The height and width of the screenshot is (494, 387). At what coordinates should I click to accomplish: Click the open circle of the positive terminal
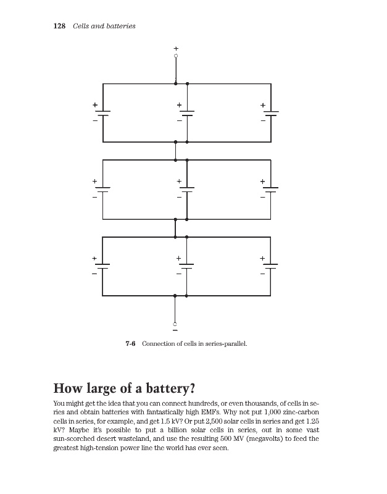(x=176, y=56)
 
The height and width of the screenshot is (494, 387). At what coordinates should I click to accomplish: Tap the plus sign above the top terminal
(x=176, y=48)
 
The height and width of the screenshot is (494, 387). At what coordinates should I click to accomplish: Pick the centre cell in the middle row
(x=186, y=190)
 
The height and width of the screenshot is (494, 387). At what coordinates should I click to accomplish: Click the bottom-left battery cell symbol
(x=102, y=266)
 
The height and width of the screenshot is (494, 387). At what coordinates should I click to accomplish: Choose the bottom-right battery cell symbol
(x=270, y=266)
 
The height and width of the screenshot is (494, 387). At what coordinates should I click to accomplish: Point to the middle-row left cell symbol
(x=102, y=190)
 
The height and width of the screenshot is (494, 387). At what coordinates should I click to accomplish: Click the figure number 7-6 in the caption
(x=130, y=343)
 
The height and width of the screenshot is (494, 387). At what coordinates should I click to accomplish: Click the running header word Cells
(x=81, y=26)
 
